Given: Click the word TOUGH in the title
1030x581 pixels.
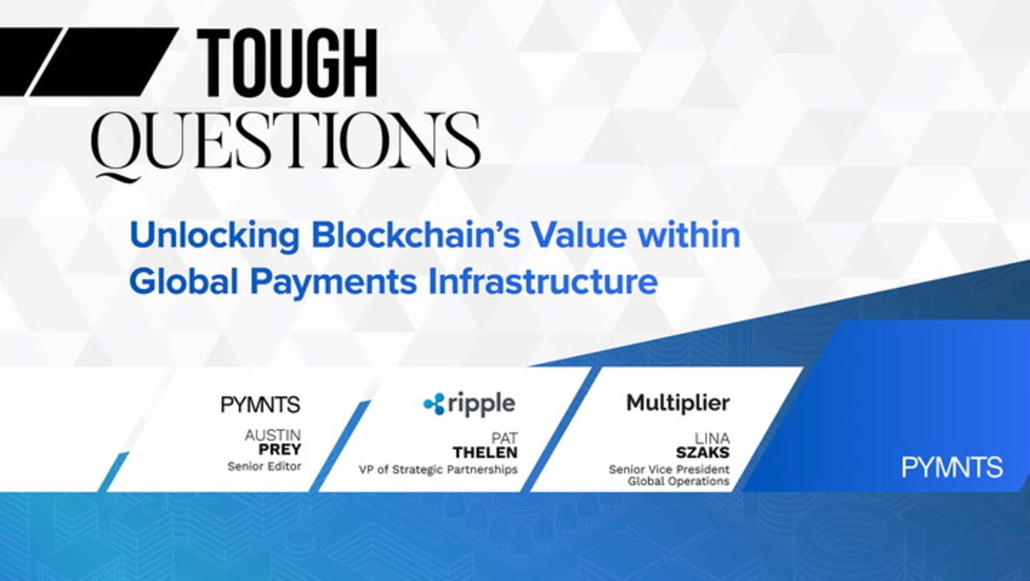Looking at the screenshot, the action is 288,63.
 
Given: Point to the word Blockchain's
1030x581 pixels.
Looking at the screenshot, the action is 415,235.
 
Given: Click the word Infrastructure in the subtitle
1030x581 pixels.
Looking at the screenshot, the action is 543,282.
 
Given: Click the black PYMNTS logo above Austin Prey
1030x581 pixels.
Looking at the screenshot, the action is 261,405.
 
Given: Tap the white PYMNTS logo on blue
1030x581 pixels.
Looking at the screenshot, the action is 952,467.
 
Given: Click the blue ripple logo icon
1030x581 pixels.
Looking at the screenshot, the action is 434,404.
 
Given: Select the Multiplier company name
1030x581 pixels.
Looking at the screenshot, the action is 678,403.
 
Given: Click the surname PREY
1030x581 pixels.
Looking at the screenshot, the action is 280,449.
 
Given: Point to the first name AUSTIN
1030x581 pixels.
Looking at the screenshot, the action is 273,435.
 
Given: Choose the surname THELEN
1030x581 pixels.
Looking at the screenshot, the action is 485,453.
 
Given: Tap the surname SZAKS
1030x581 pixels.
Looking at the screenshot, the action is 703,453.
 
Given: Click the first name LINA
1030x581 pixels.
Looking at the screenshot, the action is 711,438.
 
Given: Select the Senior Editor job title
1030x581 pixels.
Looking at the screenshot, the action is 265,466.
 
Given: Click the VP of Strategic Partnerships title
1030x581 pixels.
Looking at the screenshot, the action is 438,470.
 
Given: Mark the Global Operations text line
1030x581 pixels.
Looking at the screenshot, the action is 678,481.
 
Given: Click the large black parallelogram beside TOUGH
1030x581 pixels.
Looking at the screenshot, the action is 104,61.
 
